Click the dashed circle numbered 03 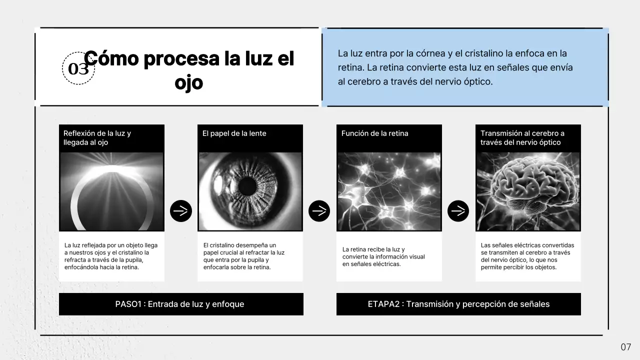(x=78, y=68)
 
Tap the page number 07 (x=626, y=347)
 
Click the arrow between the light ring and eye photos (x=181, y=211)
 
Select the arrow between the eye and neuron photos (x=319, y=211)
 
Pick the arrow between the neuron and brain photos (x=458, y=211)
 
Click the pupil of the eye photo (x=246, y=186)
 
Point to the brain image (x=528, y=191)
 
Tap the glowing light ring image (x=111, y=191)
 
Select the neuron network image (x=389, y=191)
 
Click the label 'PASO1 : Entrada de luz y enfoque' (x=179, y=304)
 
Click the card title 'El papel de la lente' (x=234, y=133)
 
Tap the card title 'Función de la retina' (x=374, y=133)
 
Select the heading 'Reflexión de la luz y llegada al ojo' (x=97, y=138)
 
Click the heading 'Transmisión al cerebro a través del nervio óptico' (x=522, y=138)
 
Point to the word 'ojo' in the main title (x=188, y=82)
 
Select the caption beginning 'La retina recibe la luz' (x=383, y=256)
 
